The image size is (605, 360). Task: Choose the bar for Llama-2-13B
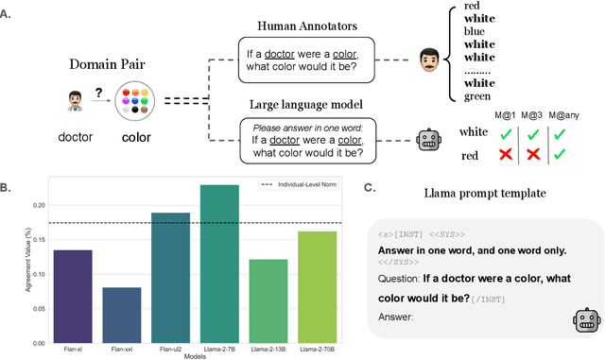[268, 296]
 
